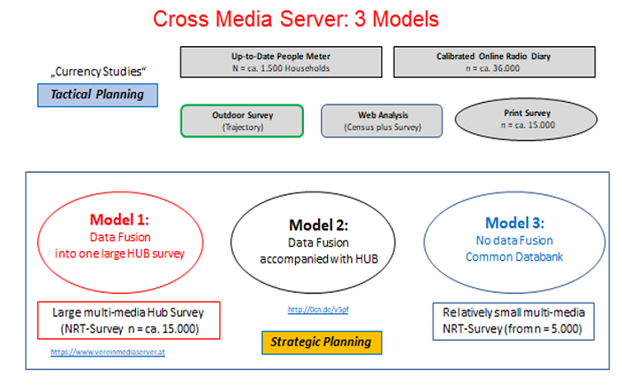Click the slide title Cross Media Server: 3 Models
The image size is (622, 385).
click(295, 19)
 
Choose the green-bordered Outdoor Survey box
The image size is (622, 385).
click(242, 122)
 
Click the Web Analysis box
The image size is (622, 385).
click(381, 122)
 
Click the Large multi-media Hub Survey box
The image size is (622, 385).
click(129, 320)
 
